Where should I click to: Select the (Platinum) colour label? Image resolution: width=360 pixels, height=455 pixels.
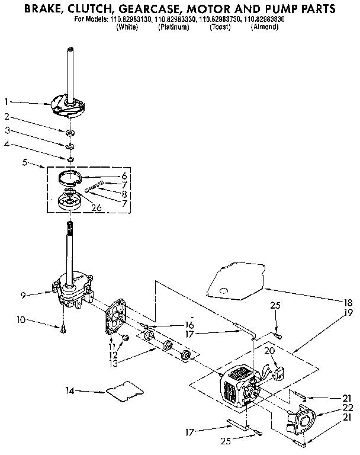tap(173, 27)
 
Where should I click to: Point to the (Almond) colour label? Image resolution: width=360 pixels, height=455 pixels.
tap(265, 27)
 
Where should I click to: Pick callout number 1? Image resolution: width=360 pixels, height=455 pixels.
tap(6, 101)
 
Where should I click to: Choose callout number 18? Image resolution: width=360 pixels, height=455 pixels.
tap(349, 302)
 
